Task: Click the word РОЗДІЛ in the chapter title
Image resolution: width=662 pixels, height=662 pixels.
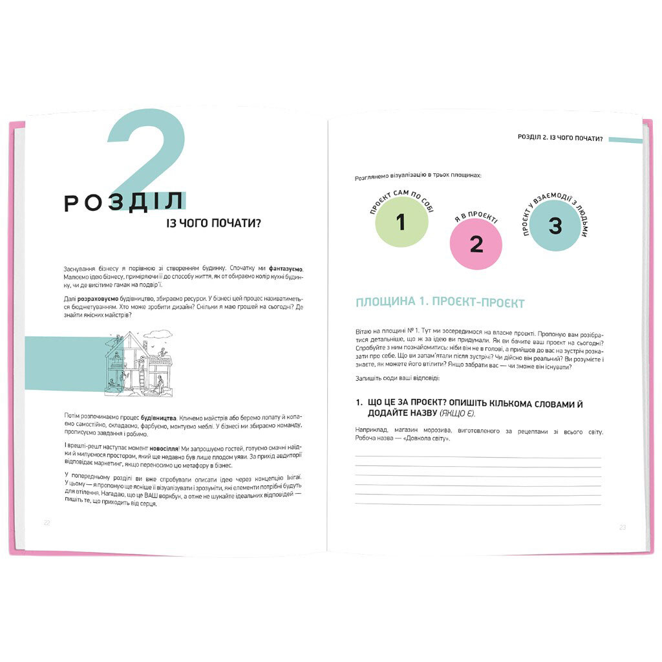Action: [x=123, y=203]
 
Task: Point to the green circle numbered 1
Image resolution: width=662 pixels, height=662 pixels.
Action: [x=401, y=222]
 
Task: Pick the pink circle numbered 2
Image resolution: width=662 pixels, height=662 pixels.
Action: [x=476, y=244]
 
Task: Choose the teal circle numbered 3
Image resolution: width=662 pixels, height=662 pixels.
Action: [x=555, y=226]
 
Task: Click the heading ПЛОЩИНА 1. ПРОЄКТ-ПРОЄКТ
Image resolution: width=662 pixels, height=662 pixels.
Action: [x=440, y=303]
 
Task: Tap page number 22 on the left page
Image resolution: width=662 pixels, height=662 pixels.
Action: [x=47, y=522]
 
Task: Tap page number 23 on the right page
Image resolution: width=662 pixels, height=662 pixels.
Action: [x=623, y=528]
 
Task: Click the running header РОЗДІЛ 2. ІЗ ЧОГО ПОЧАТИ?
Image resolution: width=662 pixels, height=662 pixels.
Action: [x=561, y=138]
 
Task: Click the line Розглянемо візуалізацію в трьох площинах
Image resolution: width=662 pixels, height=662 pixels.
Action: [x=418, y=176]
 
